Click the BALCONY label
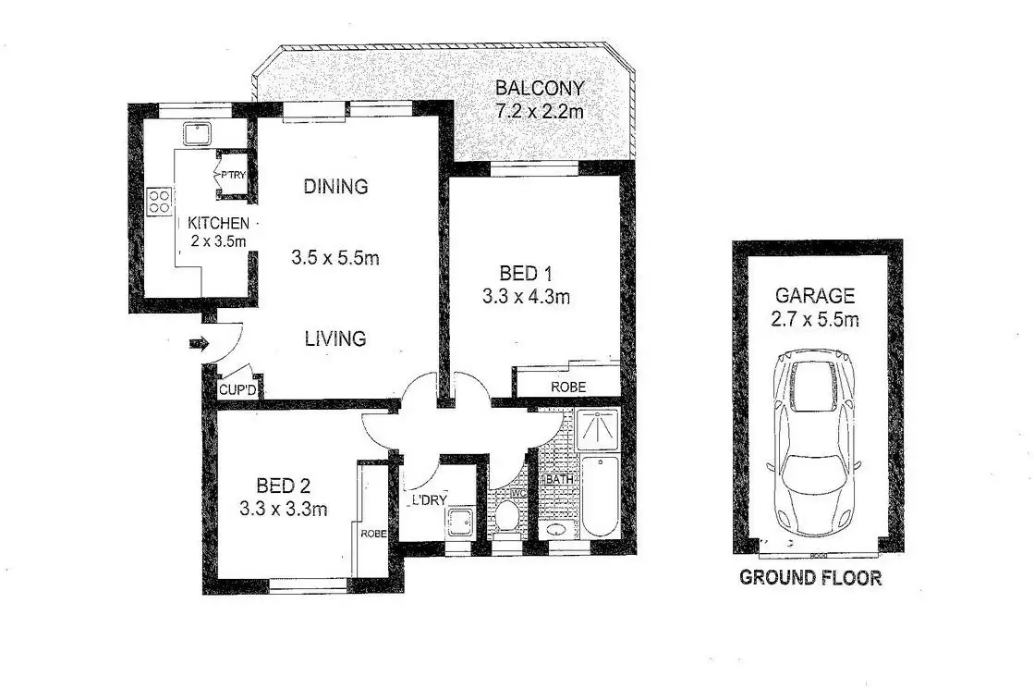[541, 89]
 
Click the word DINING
[335, 186]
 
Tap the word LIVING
[335, 339]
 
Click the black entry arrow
[198, 345]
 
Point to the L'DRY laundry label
[430, 500]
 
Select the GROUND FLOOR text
[810, 578]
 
